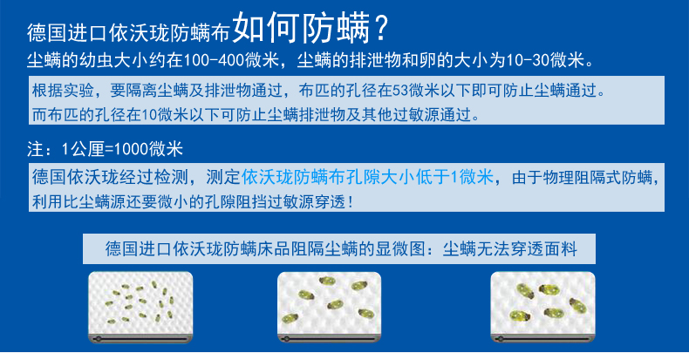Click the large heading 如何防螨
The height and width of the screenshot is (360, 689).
coord(301,28)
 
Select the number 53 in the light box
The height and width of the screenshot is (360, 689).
coord(399,91)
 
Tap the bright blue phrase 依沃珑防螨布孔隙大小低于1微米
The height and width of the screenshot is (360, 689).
coord(367,177)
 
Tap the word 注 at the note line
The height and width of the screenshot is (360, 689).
coord(35,149)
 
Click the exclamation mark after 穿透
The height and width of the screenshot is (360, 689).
coord(350,202)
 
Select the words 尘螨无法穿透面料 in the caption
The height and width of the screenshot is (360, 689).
coord(509,249)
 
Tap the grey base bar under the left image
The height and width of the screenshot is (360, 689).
coord(140,339)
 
